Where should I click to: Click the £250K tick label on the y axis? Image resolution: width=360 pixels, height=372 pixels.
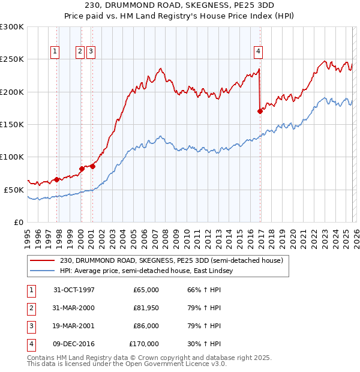[x=12, y=59]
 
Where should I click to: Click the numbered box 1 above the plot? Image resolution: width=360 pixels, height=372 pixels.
[x=55, y=52]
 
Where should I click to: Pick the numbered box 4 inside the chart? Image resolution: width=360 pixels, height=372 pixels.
[x=258, y=52]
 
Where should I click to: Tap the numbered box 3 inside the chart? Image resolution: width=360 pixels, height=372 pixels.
[x=91, y=52]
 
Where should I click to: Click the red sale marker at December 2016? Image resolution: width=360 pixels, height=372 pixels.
[x=260, y=111]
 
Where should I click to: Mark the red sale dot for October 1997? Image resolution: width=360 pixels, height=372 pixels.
[x=57, y=179]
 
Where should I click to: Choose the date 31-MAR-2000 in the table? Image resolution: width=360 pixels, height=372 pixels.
[x=74, y=308]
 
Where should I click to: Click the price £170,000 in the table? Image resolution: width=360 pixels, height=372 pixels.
[x=144, y=344]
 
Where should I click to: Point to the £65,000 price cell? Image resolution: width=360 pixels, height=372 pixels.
[x=146, y=290]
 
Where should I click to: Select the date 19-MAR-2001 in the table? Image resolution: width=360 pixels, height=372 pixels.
[x=74, y=326]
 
